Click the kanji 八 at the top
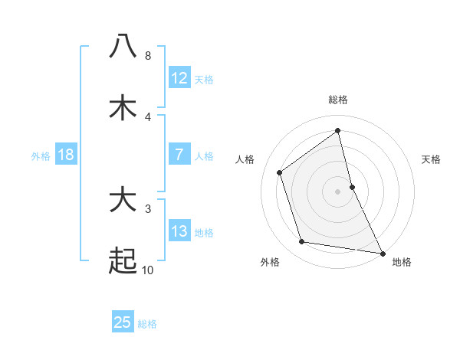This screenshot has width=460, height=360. coord(123,46)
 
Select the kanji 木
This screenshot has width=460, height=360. coord(123,108)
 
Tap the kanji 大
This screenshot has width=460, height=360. coord(123,201)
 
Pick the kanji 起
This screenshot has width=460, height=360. coord(123,262)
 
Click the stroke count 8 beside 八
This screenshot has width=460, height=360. coord(147,56)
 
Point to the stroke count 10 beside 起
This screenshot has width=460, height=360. coord(148,270)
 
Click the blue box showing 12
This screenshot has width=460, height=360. coord(179,78)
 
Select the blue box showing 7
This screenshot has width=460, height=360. coord(179,155)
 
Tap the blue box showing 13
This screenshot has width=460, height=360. coord(179,231)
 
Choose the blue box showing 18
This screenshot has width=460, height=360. coord(66,155)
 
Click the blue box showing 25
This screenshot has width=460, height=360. coord(123,322)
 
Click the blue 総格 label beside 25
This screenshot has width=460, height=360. coord(147,324)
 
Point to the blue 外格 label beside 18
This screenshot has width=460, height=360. coord(41,156)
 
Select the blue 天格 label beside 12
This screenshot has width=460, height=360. coord(204,80)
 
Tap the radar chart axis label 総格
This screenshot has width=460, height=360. coord(338,100)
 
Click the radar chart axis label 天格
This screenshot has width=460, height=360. coord(432,159)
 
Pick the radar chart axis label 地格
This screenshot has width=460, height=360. coord(402,262)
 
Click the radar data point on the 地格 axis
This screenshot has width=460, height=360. coord(381,253)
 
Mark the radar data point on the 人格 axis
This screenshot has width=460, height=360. coord(280,172)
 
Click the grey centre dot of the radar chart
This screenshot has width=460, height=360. coord(338,191)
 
